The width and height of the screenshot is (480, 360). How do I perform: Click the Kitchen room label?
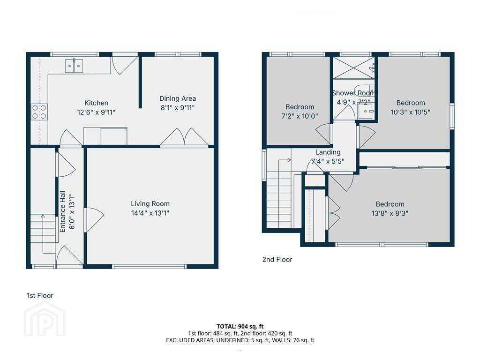(x=96, y=103)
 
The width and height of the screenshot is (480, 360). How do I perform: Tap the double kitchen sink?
(x=74, y=66)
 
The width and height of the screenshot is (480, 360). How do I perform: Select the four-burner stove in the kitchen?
(x=39, y=112)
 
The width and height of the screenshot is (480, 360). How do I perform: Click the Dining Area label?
(x=178, y=98)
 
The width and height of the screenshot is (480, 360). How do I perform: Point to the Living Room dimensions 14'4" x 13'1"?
(x=150, y=213)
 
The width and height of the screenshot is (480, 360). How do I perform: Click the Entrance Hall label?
(x=62, y=211)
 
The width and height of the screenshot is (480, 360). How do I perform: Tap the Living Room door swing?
(x=94, y=216)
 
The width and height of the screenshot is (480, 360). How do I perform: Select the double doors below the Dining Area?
(x=184, y=136)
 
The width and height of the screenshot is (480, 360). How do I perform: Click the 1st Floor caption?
(x=40, y=295)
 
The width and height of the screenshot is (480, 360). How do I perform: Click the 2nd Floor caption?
(x=277, y=260)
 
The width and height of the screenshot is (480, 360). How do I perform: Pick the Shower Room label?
(x=353, y=93)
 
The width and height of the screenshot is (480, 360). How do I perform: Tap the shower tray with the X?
(x=353, y=67)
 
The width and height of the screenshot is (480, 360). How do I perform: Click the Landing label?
(x=328, y=152)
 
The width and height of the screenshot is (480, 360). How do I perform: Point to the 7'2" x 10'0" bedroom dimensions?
(x=300, y=116)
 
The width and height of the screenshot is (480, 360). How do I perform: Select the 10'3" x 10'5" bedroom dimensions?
(x=411, y=112)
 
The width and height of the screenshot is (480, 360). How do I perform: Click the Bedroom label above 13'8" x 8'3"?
(x=390, y=204)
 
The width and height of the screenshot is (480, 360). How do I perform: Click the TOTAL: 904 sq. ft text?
(x=240, y=326)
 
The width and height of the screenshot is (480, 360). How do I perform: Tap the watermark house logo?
(x=45, y=318)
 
